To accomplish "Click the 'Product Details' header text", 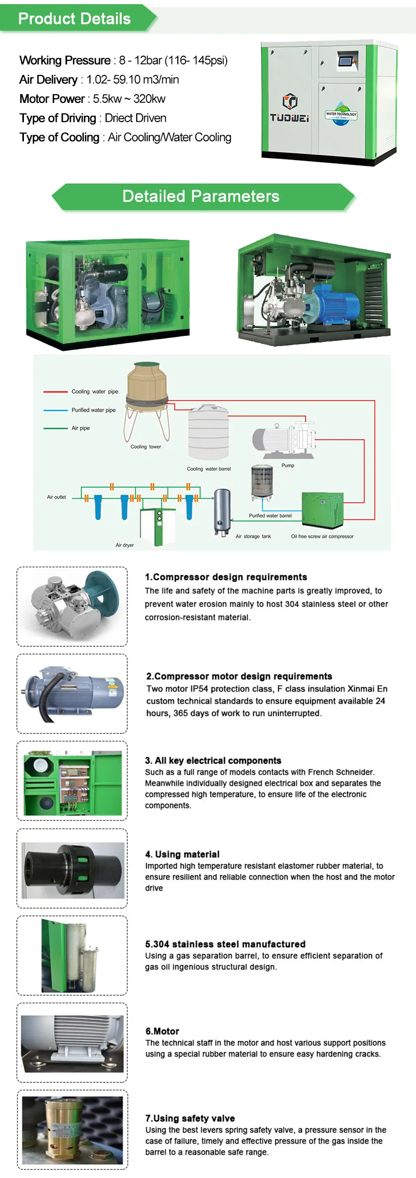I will (x=74, y=19).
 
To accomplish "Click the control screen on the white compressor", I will (x=345, y=61).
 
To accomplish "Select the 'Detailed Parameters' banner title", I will (x=201, y=197).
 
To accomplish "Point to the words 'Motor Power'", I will (x=52, y=99).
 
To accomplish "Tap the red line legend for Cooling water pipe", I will (x=55, y=391).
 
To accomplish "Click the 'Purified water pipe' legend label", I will (x=94, y=410).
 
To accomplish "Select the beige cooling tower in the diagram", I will (x=147, y=385).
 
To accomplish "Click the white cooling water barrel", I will (x=208, y=434).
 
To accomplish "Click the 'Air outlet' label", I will (x=56, y=497).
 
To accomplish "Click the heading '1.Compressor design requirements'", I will (x=226, y=577).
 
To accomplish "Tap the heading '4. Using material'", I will (x=182, y=854).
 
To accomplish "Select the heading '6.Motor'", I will (x=162, y=1031).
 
